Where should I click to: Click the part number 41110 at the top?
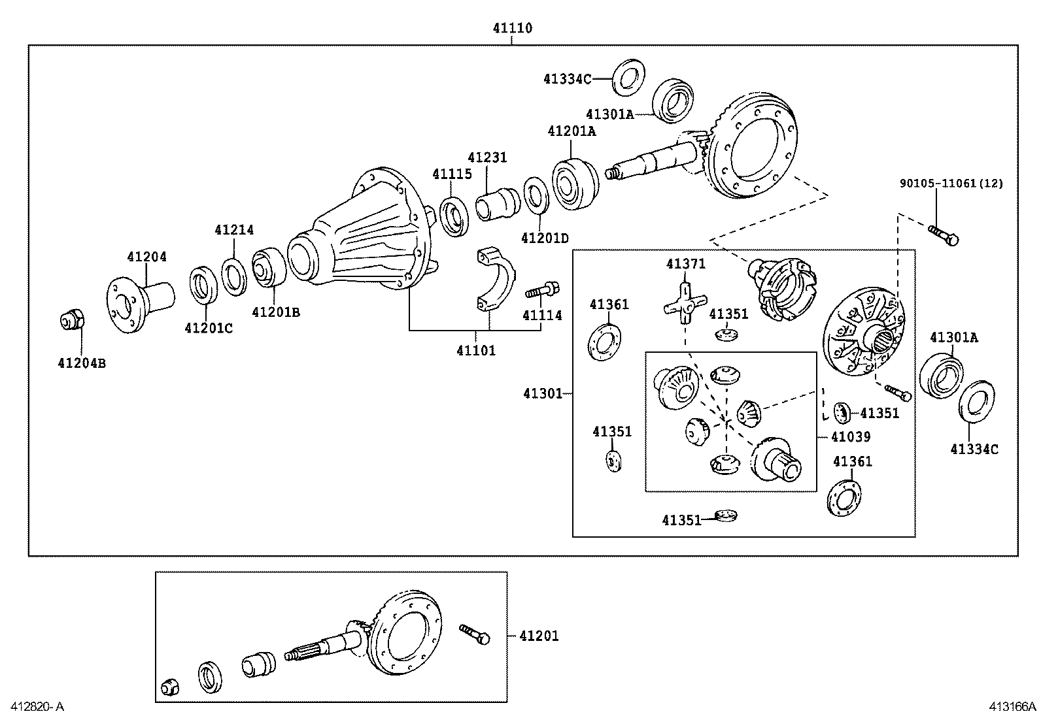tap(513, 28)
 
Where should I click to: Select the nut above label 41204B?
tap(72, 321)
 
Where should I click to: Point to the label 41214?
tap(234, 230)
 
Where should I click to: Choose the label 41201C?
tap(209, 328)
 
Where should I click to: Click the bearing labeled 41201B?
tap(268, 267)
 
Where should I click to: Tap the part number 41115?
tap(452, 174)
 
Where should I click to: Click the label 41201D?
tap(545, 238)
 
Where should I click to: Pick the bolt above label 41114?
tap(542, 289)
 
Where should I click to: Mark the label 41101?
tap(476, 351)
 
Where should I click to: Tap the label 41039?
tap(851, 437)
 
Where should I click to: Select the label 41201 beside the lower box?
tap(539, 636)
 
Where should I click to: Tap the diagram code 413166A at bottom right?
tap(1012, 706)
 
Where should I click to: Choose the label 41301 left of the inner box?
tap(542, 393)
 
